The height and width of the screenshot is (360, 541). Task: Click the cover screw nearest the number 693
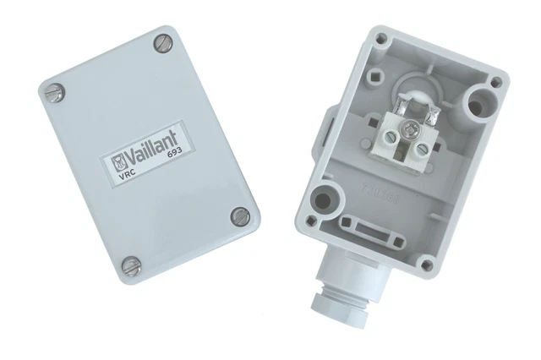click(x=240, y=216)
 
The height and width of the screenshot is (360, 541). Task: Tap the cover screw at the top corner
click(x=162, y=41)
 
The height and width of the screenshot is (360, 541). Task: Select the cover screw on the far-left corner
click(x=51, y=89)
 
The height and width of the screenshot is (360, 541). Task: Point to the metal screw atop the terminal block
click(x=410, y=127)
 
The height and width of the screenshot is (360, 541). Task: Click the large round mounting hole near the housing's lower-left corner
click(x=323, y=200)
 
